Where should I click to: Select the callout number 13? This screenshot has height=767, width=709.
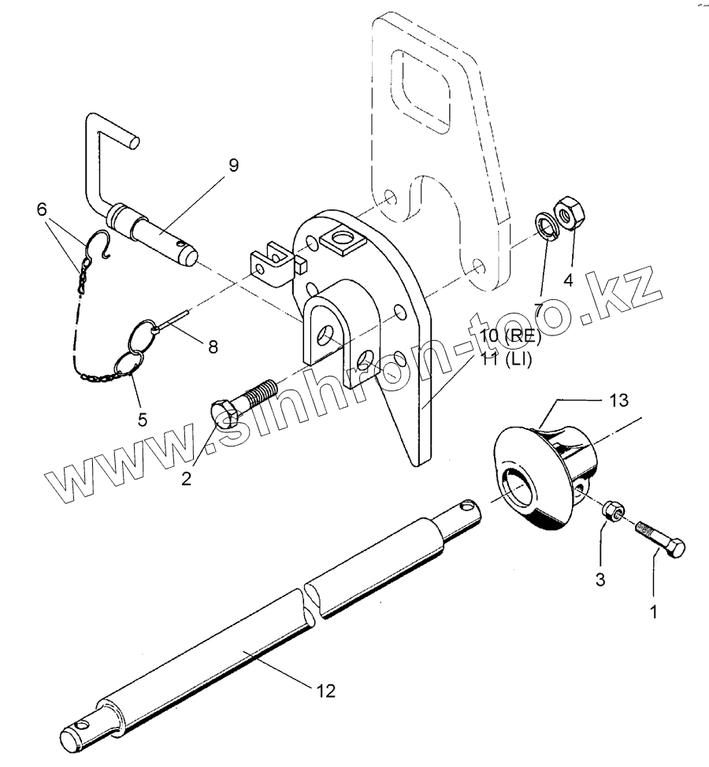(x=618, y=401)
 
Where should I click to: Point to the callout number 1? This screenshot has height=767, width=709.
(x=654, y=610)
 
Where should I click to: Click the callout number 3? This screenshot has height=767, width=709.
(x=600, y=580)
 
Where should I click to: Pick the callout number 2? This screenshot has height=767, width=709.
(x=187, y=477)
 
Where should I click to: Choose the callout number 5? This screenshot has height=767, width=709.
(x=143, y=419)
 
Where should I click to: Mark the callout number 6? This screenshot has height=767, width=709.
(x=42, y=209)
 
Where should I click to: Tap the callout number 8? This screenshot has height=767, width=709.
(x=212, y=346)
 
